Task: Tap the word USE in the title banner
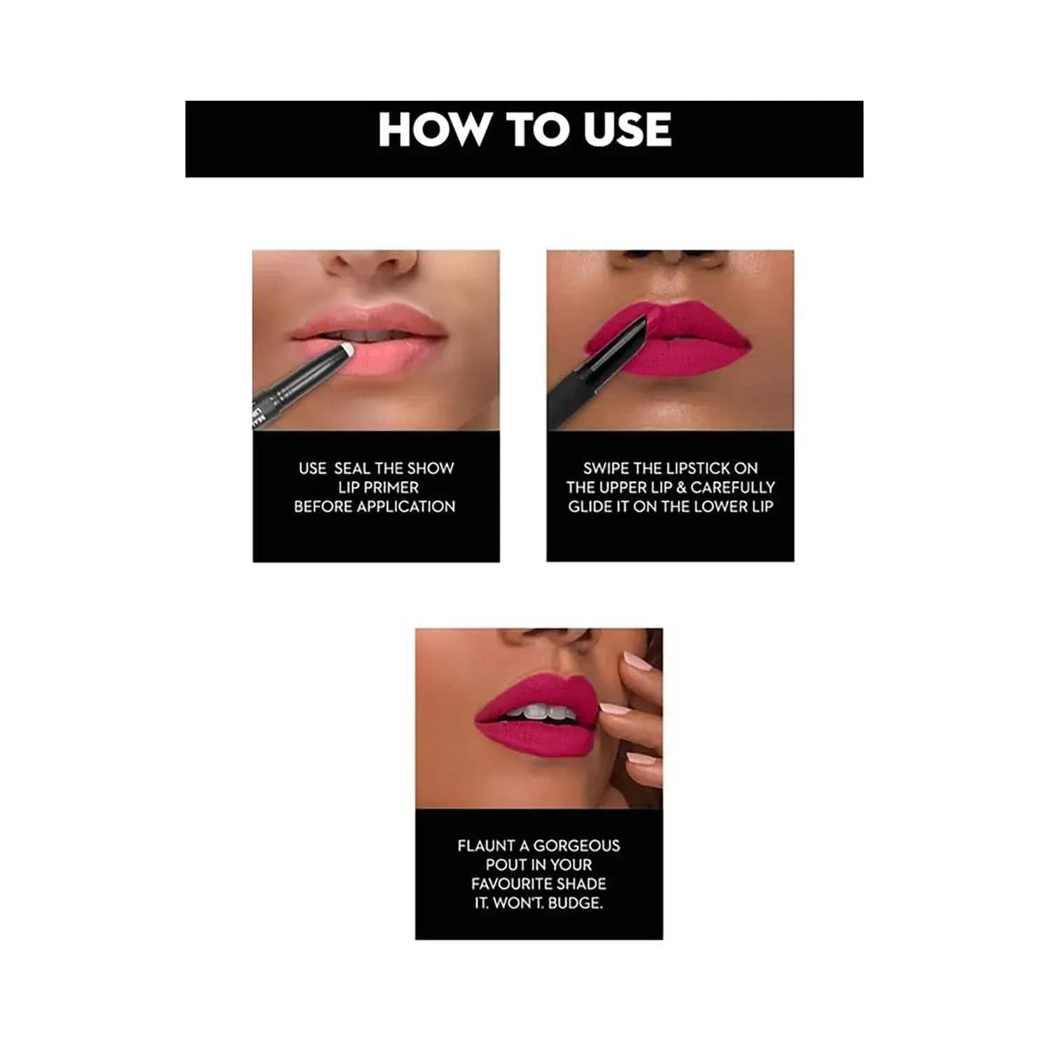[x=627, y=129]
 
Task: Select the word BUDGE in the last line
[x=575, y=903]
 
